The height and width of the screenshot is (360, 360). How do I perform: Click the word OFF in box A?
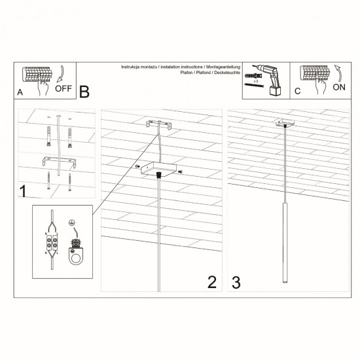(x=64, y=90)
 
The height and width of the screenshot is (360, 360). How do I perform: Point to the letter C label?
(x=297, y=92)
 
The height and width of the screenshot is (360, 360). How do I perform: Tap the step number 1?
(x=23, y=192)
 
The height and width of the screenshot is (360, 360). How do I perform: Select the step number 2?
(x=211, y=282)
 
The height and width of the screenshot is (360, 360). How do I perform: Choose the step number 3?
(x=236, y=282)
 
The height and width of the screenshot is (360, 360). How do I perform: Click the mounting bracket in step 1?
(x=57, y=161)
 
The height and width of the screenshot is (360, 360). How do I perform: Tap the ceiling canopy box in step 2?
(x=158, y=170)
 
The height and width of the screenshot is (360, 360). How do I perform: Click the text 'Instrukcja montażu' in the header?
(x=139, y=68)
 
